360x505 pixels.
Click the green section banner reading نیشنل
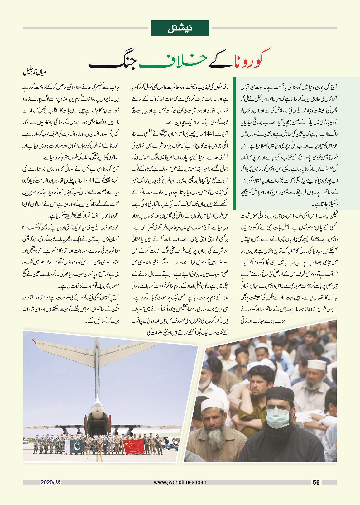180,28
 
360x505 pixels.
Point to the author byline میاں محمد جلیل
35,73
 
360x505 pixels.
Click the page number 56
316,483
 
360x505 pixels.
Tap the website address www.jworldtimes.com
180,482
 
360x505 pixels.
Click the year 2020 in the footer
46,482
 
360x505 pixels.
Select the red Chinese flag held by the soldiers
133,446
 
